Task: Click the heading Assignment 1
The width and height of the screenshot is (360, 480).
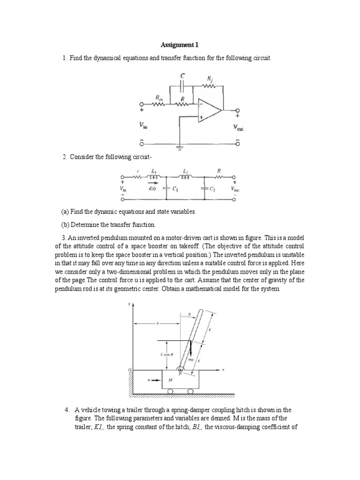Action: [180, 45]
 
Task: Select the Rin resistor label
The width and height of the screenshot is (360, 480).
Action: [159, 98]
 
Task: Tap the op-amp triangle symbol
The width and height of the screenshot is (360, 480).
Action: [208, 111]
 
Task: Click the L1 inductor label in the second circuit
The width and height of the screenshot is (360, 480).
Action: [154, 172]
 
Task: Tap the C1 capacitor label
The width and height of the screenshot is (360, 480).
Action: [175, 189]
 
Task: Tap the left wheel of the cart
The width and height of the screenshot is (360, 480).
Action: [170, 391]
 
